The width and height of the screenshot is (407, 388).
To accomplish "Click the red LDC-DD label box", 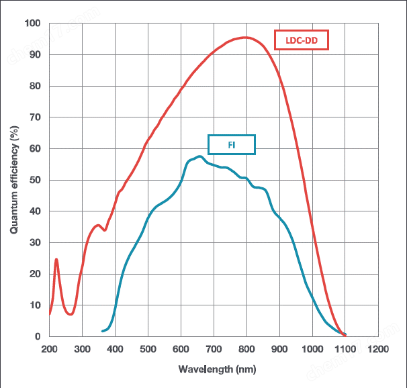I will coord(301,40).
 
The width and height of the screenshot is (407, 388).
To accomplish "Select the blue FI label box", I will coord(232,144).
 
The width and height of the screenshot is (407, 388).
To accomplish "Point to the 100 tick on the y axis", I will coord(32,23).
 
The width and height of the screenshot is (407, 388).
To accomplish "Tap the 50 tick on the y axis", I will coord(35,180).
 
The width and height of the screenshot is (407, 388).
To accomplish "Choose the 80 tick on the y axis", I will coord(35,86).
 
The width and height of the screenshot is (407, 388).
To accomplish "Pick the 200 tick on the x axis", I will coord(49,349).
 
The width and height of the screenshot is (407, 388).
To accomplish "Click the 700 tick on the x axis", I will coord(214,349).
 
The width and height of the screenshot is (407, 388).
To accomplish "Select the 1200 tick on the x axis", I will coord(378,349).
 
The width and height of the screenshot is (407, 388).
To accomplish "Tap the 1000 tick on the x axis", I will coord(312,349).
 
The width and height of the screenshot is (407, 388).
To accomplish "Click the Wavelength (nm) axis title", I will coord(214,369).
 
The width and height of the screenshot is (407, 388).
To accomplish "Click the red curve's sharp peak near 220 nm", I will coord(56,259).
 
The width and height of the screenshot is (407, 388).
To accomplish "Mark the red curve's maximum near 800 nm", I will coord(246,38).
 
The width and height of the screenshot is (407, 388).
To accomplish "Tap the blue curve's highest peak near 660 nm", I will coord(199,156).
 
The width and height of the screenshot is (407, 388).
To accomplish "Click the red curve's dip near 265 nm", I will coord(71,313).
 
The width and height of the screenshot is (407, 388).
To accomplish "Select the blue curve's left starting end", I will coord(102,331).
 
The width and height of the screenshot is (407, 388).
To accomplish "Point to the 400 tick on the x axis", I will coord(115,349).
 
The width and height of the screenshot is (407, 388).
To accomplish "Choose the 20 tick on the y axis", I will coord(35,274).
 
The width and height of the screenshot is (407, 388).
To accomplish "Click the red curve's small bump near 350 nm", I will coord(99,226).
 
